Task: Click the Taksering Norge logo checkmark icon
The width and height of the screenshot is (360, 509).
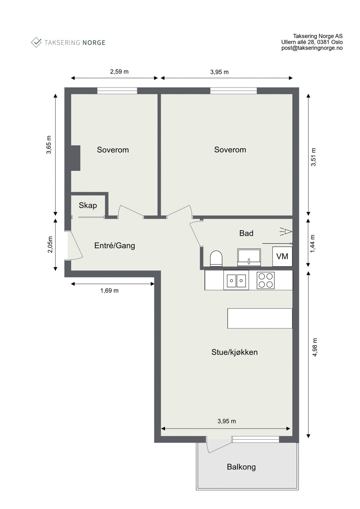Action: tap(36, 42)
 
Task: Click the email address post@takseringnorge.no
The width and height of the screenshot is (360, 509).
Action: tap(312, 48)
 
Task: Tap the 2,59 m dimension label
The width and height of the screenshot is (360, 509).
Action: tap(119, 72)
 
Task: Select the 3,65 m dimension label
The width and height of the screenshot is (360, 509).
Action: tap(49, 144)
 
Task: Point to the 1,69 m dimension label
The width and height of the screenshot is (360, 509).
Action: tap(109, 290)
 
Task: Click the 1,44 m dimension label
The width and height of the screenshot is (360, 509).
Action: tap(312, 244)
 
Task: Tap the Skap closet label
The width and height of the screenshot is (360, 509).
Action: tap(88, 205)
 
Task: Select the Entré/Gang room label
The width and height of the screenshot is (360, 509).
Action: tap(115, 245)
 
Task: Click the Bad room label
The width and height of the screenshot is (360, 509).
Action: tap(246, 233)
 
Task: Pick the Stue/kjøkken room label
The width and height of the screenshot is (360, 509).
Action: tap(234, 352)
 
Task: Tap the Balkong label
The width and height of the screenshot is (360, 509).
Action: tap(241, 467)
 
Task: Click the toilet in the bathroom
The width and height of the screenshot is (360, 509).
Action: tap(216, 258)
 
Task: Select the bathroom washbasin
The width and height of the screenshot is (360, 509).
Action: tap(249, 257)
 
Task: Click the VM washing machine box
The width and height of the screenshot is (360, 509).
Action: tap(282, 256)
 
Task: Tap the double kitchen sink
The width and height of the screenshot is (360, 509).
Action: tap(236, 280)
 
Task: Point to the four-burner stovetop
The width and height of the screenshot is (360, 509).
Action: tap(266, 280)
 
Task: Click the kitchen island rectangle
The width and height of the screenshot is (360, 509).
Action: tap(260, 318)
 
